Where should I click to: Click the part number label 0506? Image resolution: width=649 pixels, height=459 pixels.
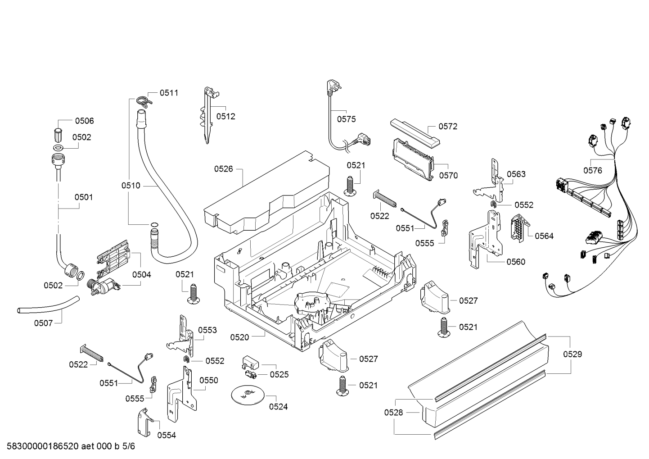coord(84,121)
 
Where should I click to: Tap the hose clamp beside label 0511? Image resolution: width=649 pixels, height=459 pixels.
coord(143,101)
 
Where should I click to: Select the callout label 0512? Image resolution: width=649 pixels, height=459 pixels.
coord(225,116)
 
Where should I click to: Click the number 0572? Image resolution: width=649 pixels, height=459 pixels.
coord(448,127)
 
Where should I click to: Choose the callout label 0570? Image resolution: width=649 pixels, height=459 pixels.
coord(448,175)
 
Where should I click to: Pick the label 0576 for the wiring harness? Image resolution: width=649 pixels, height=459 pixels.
coord(592,170)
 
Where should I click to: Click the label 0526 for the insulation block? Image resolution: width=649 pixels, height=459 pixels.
coord(223,169)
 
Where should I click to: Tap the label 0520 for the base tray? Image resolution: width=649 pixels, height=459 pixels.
coord(239,337)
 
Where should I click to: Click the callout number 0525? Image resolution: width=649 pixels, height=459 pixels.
coord(279,374)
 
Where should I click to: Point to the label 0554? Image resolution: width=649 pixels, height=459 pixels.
coord(167,435)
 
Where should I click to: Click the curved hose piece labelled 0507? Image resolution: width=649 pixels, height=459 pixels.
coord(48,305)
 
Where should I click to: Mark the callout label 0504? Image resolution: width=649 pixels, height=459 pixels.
coord(142,274)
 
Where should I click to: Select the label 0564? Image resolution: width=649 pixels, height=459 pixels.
coord(544,236)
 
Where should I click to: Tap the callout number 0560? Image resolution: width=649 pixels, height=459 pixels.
coord(516,262)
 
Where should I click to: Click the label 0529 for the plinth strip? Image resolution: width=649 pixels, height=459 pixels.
coord(572,354)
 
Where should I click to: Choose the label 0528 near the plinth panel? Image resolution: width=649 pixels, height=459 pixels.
coord(393,412)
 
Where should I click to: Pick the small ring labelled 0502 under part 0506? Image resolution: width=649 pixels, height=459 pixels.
coord(59,148)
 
